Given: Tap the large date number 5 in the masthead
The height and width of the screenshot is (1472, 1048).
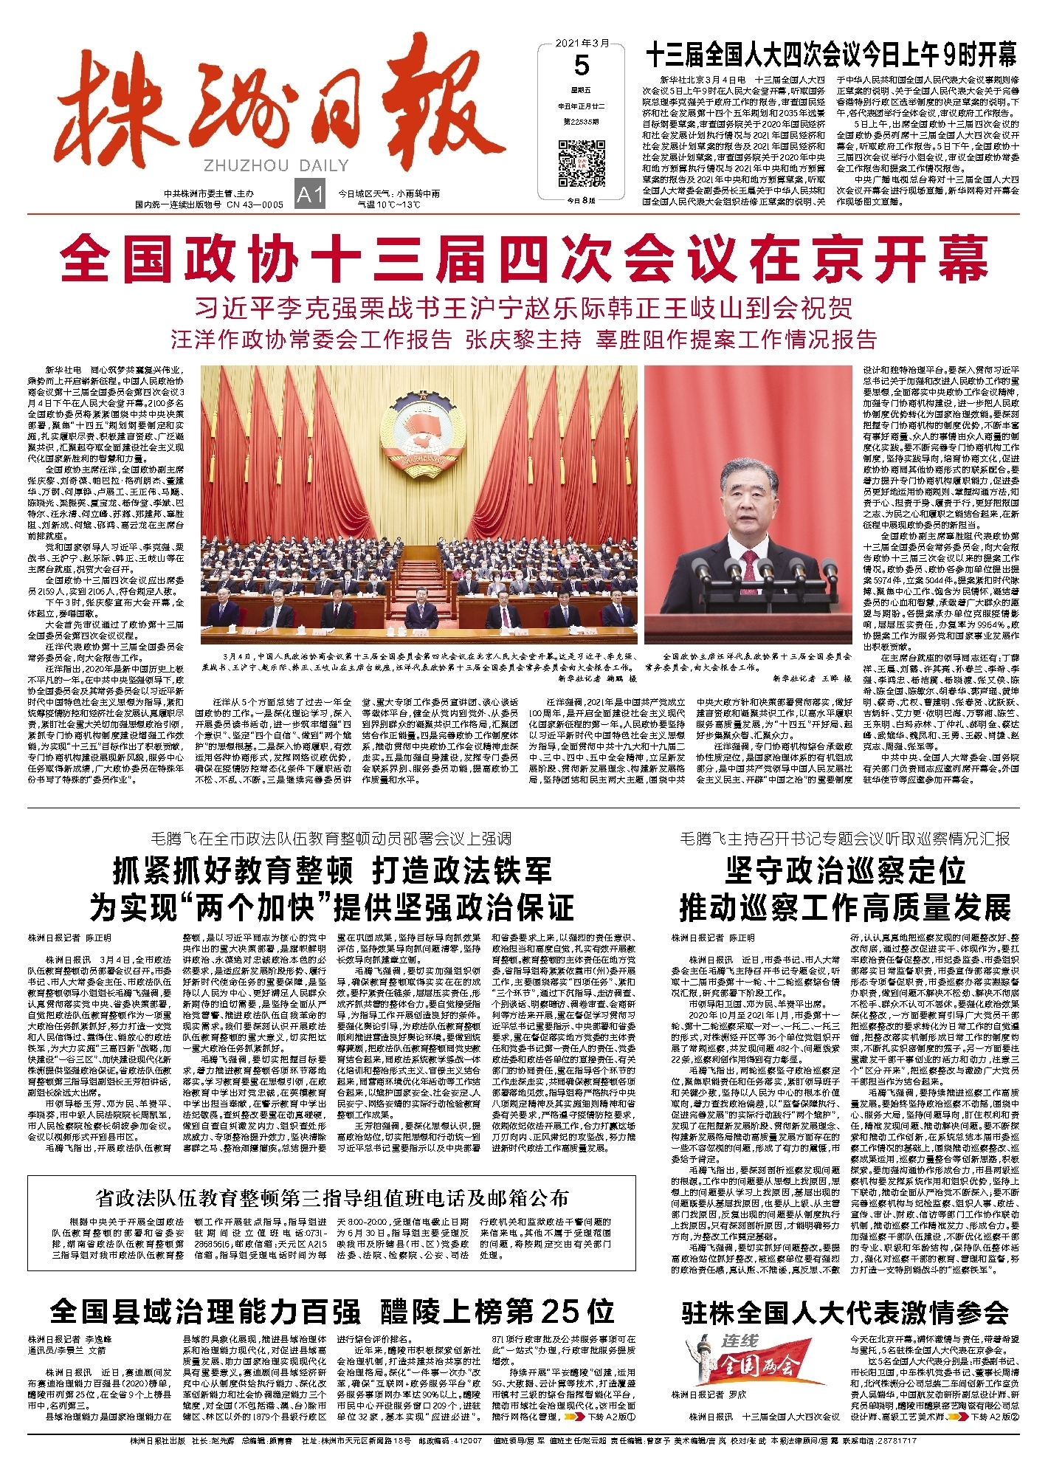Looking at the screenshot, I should (582, 66).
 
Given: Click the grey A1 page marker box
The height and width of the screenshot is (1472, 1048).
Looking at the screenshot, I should (310, 195).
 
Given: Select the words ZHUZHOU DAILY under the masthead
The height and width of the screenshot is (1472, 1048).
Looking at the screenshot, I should (275, 166).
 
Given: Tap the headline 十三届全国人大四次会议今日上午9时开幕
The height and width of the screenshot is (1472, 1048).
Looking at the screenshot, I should (831, 55).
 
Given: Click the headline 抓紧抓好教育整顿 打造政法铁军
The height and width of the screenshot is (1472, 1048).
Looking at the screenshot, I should (332, 871).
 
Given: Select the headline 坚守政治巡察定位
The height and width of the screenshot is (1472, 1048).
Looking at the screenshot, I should (845, 871).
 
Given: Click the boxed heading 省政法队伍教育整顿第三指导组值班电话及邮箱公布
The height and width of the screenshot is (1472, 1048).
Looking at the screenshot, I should (332, 1197).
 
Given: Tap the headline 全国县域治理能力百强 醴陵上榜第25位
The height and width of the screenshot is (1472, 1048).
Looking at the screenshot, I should (332, 1312).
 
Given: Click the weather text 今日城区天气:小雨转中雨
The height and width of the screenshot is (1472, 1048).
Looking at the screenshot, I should (389, 193).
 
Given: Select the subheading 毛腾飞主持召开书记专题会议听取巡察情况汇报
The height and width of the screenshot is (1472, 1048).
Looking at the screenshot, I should (845, 839).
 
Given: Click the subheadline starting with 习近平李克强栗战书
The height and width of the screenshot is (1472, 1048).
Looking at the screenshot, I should (524, 307).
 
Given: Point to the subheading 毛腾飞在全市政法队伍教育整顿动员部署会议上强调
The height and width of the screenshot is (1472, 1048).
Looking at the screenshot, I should (331, 839).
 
